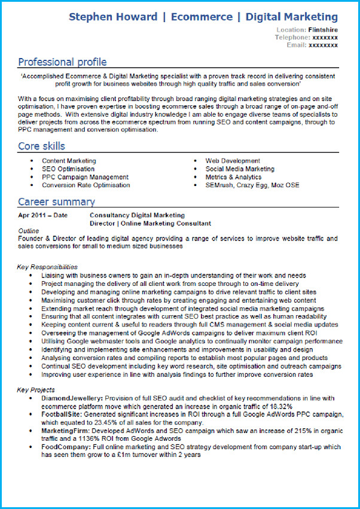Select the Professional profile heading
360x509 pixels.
tap(62, 62)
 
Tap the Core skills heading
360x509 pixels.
tap(41, 146)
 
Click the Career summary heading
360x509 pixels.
tap(56, 202)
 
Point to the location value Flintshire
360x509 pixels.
tap(323, 29)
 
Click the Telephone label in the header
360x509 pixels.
tap(292, 37)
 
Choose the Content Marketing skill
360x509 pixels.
tap(69, 161)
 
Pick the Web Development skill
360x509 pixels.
tap(233, 161)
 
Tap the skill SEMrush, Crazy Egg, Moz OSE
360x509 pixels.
tap(252, 185)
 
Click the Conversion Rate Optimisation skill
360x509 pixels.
tap(86, 185)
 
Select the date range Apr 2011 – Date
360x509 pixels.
tap(42, 215)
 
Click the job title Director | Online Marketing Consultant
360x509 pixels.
tap(150, 224)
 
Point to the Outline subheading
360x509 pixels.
tap(29, 231)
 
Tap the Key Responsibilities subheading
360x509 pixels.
tap(47, 267)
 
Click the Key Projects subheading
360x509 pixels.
tap(36, 390)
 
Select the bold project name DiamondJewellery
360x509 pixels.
tap(72, 398)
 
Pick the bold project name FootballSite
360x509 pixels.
tap(62, 414)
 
